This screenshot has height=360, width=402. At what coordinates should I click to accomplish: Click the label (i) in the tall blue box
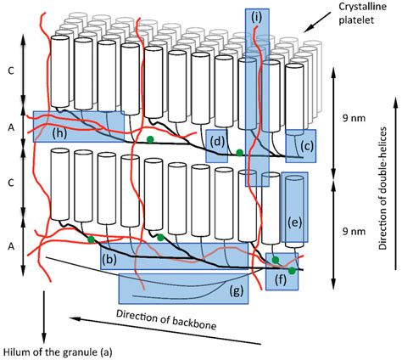click(258, 14)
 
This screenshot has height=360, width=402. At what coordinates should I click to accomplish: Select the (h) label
click(60, 132)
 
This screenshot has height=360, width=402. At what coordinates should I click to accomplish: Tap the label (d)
click(217, 141)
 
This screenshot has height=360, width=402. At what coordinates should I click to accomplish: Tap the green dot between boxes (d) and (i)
click(240, 153)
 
